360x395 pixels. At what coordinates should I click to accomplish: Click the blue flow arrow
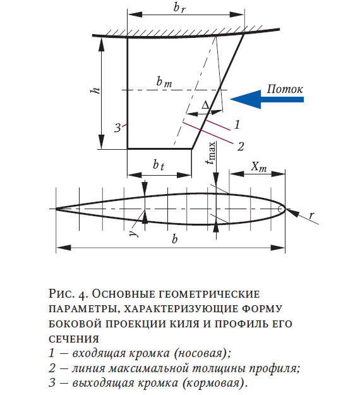click(x=267, y=99)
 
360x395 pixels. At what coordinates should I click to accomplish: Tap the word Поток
click(x=285, y=89)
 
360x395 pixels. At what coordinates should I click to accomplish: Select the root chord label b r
click(x=180, y=8)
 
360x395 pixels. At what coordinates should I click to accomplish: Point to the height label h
click(x=95, y=90)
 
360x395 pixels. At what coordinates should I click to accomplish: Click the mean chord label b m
click(x=164, y=82)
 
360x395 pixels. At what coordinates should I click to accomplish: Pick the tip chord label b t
click(x=159, y=165)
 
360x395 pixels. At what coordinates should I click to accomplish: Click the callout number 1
click(x=237, y=125)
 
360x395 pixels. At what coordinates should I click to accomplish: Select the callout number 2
click(x=241, y=147)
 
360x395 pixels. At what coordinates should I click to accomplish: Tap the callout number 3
click(x=118, y=128)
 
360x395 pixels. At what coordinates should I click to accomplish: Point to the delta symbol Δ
click(x=206, y=105)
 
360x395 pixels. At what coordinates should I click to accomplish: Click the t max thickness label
click(x=211, y=153)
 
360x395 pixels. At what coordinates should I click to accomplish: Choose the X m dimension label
click(x=259, y=167)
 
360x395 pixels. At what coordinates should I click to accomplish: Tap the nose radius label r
click(x=311, y=216)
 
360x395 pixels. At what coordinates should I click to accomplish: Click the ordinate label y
click(x=135, y=233)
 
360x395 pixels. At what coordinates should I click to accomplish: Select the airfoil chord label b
click(x=174, y=238)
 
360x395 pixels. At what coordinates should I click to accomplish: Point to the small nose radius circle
click(x=281, y=209)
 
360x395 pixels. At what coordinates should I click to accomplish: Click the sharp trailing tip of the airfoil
click(x=56, y=209)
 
